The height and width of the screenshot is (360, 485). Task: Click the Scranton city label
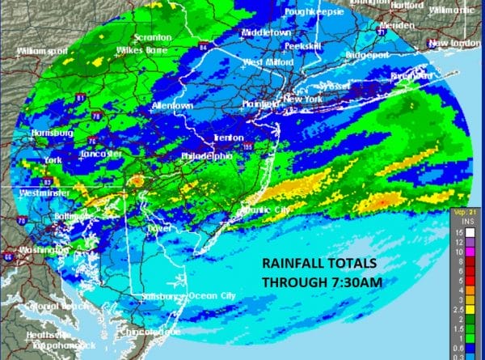(x=154, y=38)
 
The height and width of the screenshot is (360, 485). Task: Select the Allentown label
(x=172, y=106)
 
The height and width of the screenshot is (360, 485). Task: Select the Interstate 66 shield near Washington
(x=6, y=256)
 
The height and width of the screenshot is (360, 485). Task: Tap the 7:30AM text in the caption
(x=352, y=282)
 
